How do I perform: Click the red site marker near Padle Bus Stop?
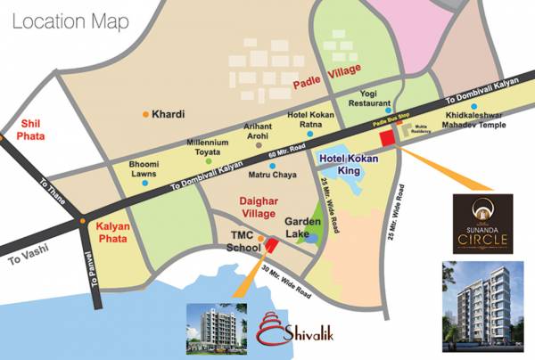[387, 138]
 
